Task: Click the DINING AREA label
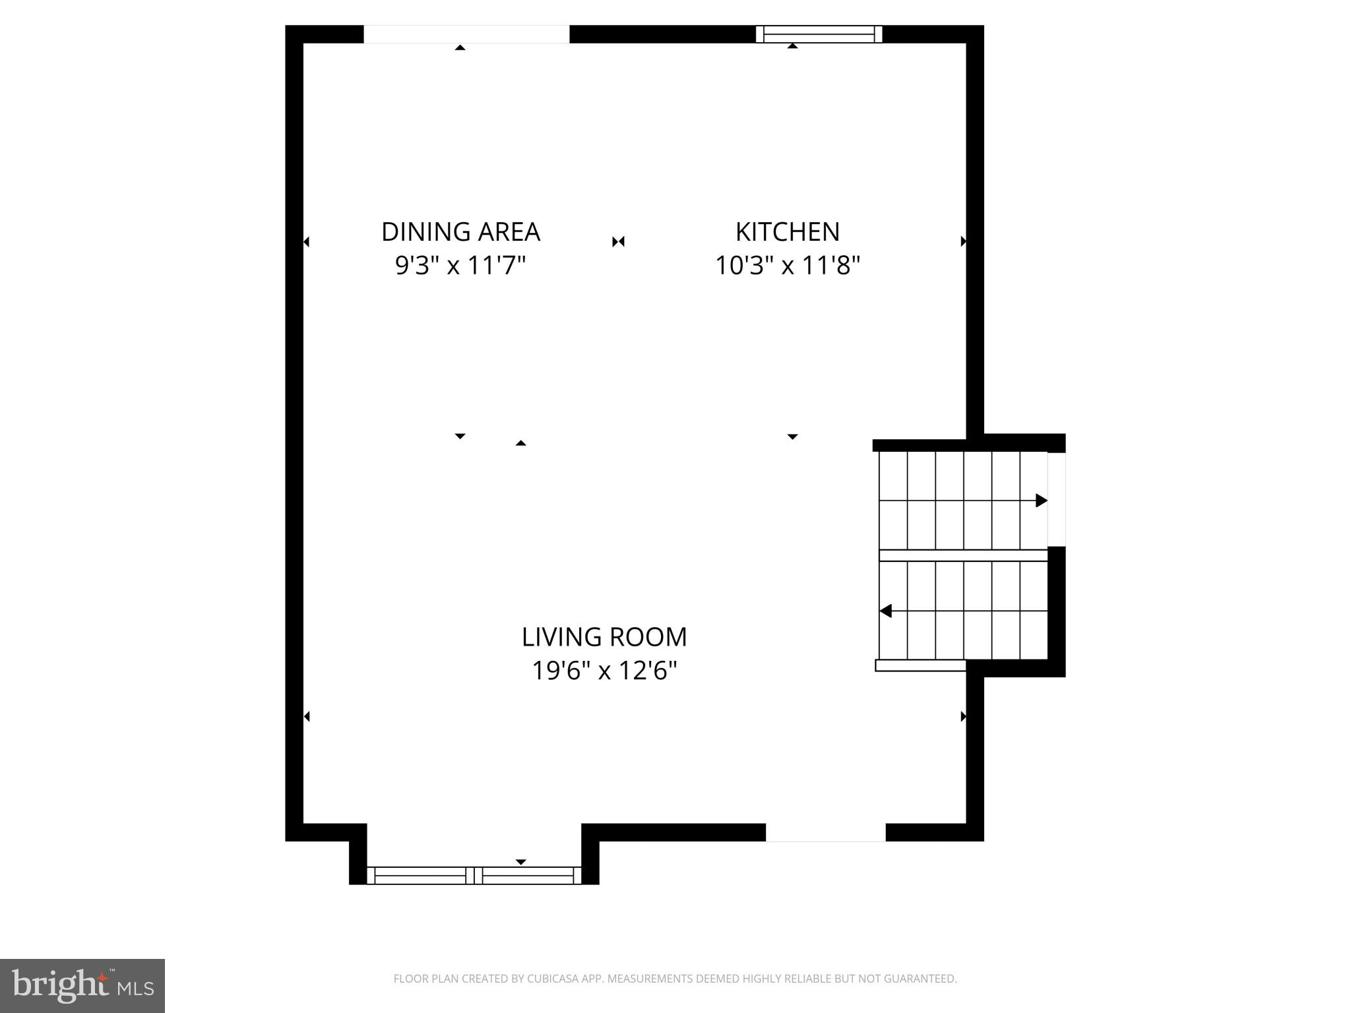(460, 232)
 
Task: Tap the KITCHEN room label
(787, 232)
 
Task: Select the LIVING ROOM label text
(604, 637)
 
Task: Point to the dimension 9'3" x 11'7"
(460, 266)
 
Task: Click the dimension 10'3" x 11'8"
(788, 266)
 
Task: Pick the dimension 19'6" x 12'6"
(604, 671)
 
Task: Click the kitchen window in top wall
(819, 34)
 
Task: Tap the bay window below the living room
(474, 875)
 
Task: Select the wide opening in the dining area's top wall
(466, 34)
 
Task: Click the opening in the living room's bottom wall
(825, 832)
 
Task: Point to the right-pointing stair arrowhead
(1041, 501)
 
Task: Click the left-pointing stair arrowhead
(886, 611)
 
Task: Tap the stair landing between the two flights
(963, 555)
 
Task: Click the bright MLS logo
(82, 986)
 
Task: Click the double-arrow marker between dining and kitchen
(618, 242)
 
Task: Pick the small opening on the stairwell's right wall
(1057, 499)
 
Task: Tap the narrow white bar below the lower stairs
(920, 665)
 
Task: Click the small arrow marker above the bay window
(520, 862)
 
